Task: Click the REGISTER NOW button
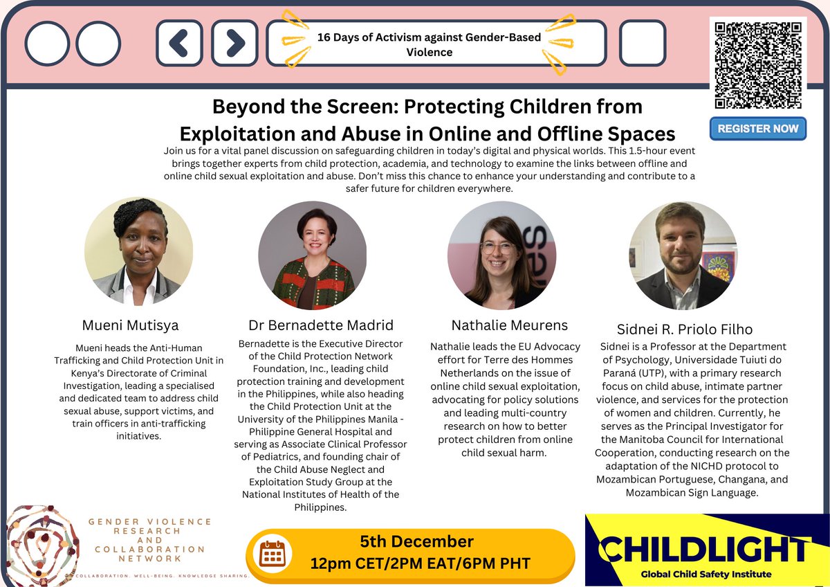click(x=757, y=129)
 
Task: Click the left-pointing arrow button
click(x=178, y=43)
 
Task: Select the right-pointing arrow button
click(x=234, y=43)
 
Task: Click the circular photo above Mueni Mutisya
click(x=138, y=252)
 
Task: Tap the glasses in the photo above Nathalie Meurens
click(x=499, y=247)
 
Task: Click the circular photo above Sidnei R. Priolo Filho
click(x=683, y=255)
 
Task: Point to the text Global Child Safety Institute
click(x=705, y=574)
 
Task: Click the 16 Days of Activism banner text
click(x=430, y=44)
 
